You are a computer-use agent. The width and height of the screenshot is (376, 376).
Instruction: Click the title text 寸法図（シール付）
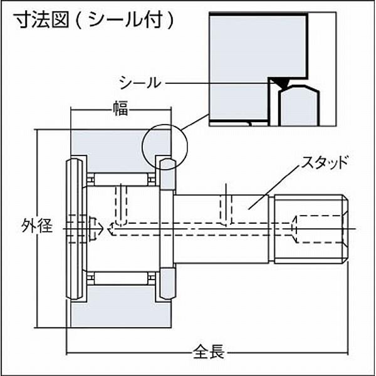tap(94, 20)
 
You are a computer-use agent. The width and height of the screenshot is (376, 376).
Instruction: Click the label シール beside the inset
tap(140, 83)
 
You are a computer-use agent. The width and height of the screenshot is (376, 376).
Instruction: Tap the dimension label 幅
tap(120, 108)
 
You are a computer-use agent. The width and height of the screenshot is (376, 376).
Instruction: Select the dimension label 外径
tap(37, 226)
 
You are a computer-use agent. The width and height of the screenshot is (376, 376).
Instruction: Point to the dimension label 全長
tap(209, 352)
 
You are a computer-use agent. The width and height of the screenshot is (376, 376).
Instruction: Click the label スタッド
tap(325, 162)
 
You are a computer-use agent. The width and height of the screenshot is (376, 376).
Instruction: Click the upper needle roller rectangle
tap(121, 180)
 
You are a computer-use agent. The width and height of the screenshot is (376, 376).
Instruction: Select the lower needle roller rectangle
tap(121, 278)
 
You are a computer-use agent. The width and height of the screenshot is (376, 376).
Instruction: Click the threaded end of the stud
tap(311, 229)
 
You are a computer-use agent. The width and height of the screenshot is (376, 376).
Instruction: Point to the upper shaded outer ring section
tap(121, 150)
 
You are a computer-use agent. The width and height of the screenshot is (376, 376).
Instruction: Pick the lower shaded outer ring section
tap(121, 306)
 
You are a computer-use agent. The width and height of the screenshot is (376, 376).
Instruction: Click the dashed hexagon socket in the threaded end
tap(320, 229)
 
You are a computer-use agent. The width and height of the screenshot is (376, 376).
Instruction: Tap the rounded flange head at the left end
tap(74, 229)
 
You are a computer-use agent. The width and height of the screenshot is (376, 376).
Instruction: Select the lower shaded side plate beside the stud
tap(167, 284)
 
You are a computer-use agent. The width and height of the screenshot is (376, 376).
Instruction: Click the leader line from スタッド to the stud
tap(274, 187)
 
